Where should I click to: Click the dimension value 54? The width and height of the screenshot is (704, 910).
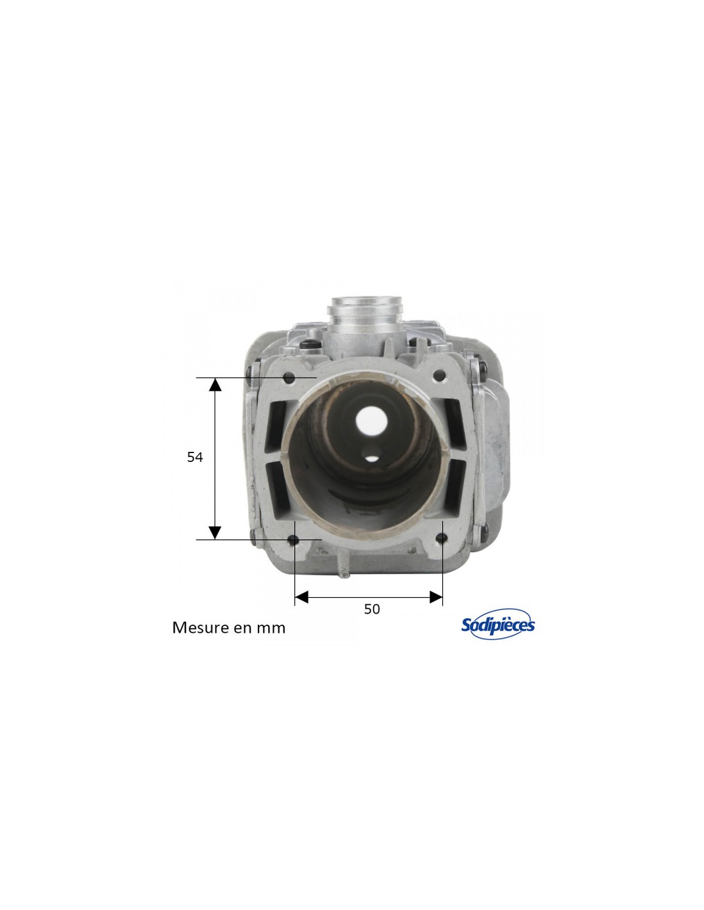[x=195, y=458]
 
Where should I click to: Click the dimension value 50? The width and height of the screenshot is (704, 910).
[x=371, y=609]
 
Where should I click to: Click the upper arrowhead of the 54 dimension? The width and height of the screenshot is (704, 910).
[x=215, y=384]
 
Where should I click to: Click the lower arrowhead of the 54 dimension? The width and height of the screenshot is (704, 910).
[x=215, y=533]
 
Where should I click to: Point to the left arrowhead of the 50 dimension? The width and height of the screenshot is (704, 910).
[x=301, y=598]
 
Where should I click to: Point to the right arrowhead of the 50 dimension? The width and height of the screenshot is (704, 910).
[x=436, y=598]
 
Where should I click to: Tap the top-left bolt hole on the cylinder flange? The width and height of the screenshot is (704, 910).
[x=289, y=379]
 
